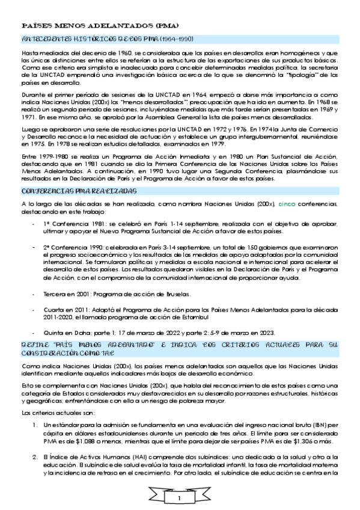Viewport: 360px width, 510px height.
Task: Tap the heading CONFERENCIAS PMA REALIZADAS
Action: click(79, 190)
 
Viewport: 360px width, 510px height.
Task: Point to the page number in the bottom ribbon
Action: click(180, 499)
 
